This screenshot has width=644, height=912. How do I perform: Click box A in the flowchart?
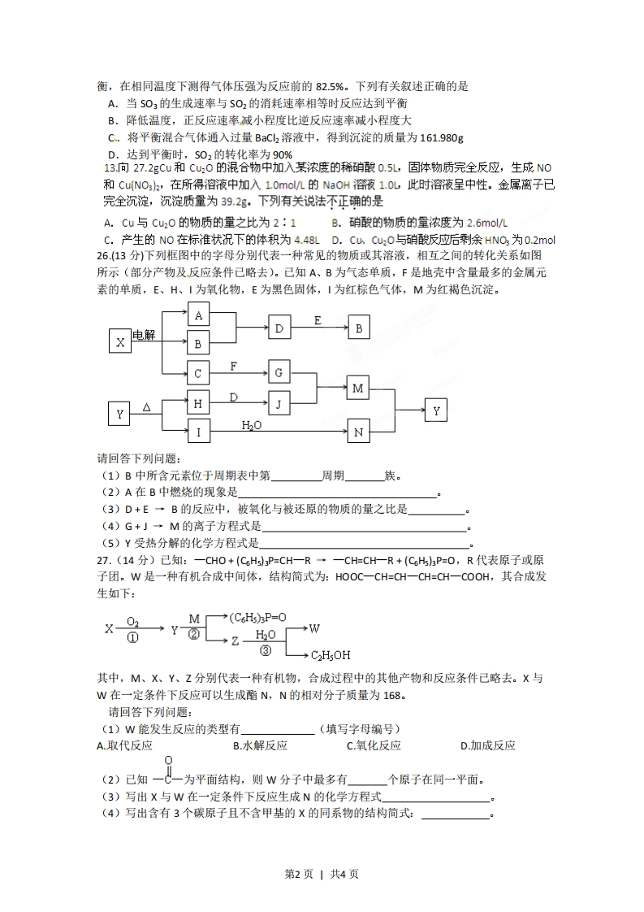[199, 315]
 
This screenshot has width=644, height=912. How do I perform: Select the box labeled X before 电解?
[120, 342]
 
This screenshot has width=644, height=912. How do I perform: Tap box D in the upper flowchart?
[279, 328]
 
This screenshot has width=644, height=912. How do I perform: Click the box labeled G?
[279, 373]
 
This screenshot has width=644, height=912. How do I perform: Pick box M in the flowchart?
[358, 389]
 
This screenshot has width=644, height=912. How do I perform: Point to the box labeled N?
[358, 432]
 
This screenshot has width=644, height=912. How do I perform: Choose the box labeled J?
[279, 402]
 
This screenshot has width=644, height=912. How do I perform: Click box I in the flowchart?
[199, 432]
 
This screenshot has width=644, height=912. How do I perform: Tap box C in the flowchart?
[199, 373]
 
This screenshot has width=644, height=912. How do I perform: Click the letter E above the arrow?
[318, 320]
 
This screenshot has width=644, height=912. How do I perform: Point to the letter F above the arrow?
[234, 366]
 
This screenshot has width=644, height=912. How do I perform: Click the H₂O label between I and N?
[252, 424]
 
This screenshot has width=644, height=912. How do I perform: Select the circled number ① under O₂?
[133, 638]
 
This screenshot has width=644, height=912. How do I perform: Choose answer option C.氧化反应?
[374, 745]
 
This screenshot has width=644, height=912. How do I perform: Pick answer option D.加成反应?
[487, 745]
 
